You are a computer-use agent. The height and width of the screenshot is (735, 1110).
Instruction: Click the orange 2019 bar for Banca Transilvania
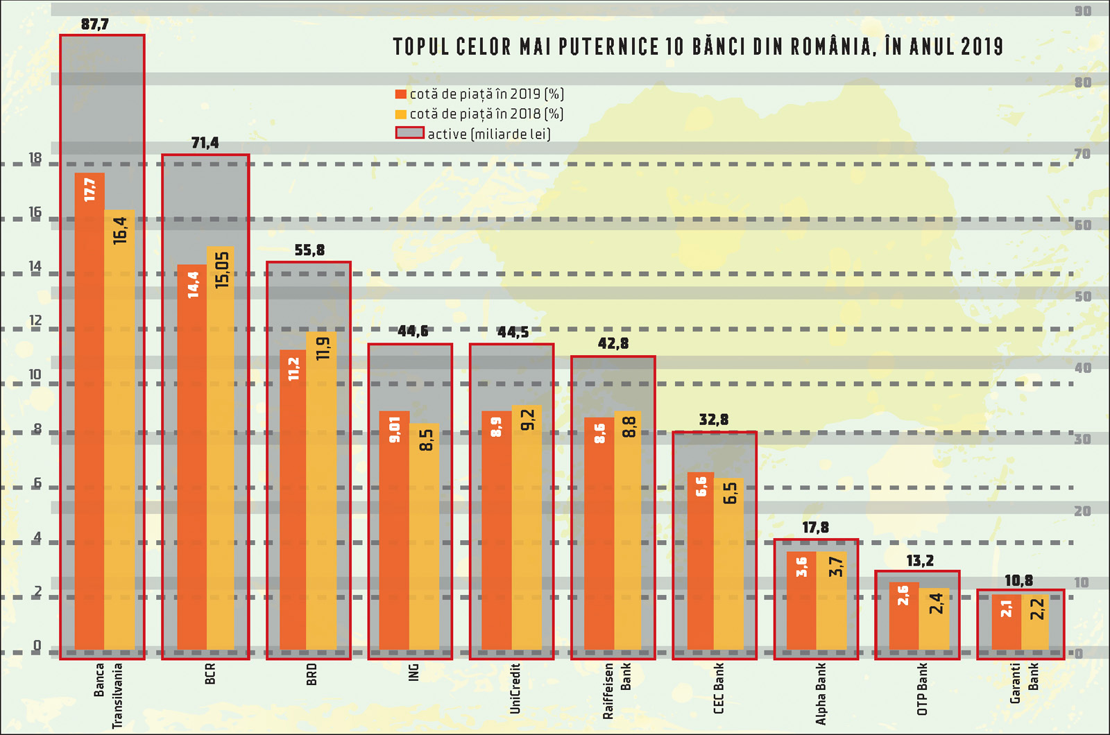pos(89,416)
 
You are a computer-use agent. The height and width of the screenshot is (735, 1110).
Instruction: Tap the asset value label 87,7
pos(95,24)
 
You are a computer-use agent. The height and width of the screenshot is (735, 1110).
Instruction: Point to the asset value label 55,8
pos(309,250)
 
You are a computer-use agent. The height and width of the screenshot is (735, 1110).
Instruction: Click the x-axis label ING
pos(413,672)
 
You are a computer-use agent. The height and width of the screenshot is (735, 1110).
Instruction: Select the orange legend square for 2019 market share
pos(400,94)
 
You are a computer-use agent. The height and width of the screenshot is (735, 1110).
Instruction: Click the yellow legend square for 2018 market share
pos(400,114)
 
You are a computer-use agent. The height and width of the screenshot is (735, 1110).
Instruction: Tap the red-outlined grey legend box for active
pos(409,132)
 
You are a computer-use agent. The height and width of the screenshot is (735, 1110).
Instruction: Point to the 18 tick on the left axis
pos(35,159)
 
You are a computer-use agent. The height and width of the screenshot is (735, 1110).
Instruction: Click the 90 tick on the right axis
pos(1082,11)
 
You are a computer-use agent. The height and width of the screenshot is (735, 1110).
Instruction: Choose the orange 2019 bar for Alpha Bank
pos(801,603)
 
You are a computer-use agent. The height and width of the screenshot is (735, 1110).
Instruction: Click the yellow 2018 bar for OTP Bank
pos(934,621)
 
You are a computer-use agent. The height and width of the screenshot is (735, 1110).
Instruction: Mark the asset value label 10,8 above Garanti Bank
pos(1018,581)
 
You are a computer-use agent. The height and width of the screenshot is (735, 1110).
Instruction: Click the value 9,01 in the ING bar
pos(395,429)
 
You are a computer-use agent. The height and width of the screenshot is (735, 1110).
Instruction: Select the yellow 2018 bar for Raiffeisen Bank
pos(628,534)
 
